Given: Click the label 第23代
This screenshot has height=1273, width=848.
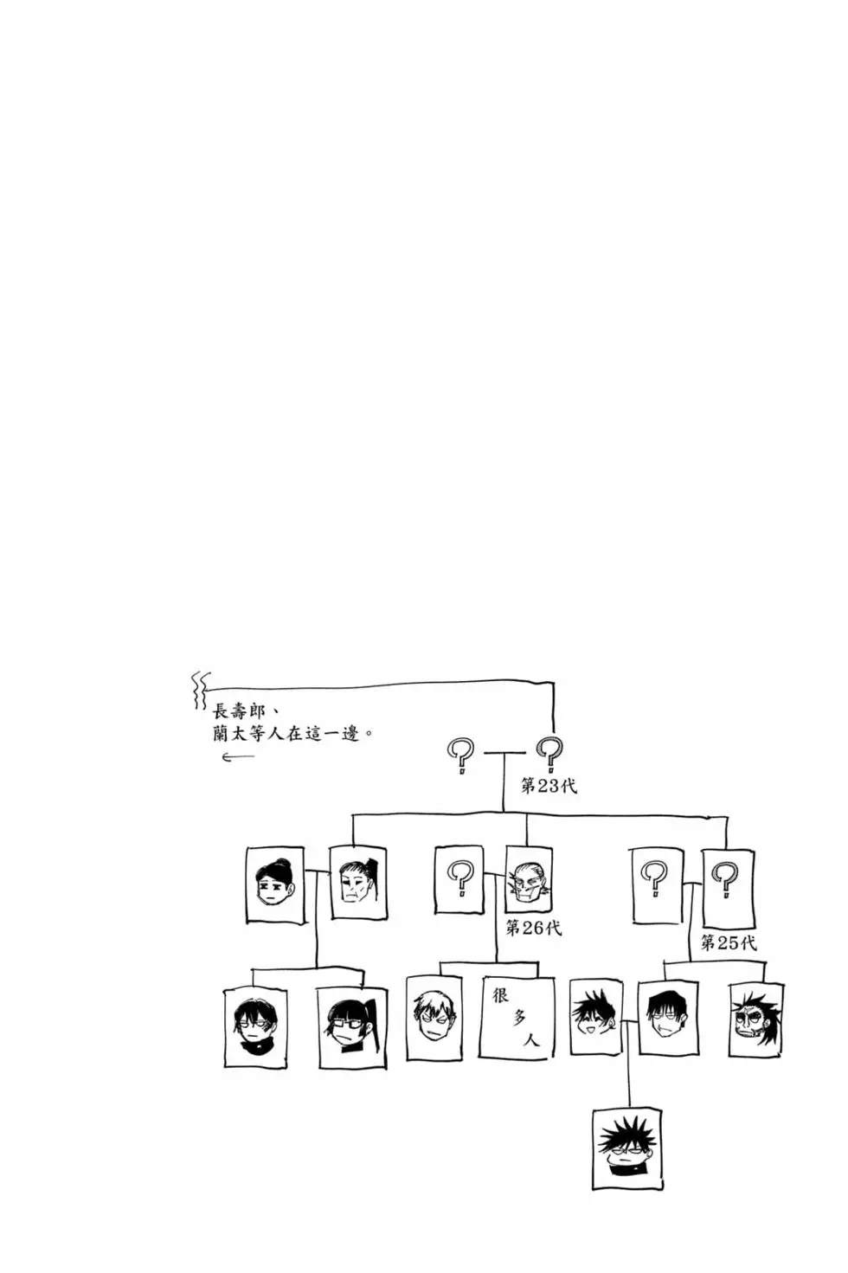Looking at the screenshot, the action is [549, 786].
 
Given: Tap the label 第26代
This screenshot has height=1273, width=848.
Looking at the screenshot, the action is [534, 928].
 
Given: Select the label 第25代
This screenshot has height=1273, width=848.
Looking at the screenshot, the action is [729, 943].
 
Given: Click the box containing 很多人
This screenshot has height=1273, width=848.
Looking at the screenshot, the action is [517, 1018].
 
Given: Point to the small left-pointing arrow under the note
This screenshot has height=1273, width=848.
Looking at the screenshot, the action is [238, 756].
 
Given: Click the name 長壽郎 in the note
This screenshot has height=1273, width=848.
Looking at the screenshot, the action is [239, 711].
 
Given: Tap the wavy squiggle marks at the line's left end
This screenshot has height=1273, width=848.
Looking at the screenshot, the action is [201, 691].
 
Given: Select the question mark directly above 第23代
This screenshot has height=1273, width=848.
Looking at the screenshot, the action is [550, 755].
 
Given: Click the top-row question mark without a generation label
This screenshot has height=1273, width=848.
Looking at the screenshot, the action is [461, 755].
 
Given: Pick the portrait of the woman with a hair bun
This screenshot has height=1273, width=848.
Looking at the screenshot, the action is [275, 884].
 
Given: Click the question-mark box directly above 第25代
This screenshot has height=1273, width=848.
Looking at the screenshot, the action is [728, 888].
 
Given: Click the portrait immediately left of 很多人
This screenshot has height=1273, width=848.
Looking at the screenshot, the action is [434, 1019].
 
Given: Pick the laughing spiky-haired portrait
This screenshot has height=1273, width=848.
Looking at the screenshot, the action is [596, 1017].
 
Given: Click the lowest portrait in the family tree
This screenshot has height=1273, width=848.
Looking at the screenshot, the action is [627, 1141].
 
